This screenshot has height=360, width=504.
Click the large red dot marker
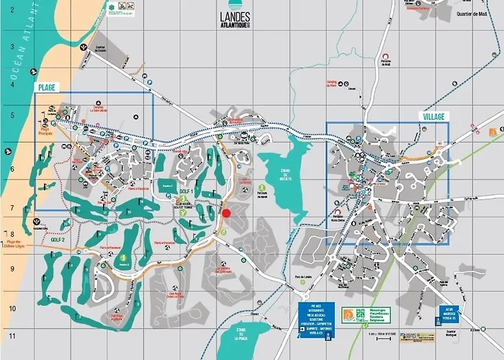coord(226,212)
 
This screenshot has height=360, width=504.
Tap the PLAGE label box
coord(47,87)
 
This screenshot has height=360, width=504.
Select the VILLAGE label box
coord(433,116)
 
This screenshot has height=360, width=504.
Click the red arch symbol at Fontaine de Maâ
coord(386,55)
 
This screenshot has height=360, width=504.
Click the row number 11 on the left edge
coord(12,336)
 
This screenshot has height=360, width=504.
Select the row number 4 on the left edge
coord(12,84)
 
